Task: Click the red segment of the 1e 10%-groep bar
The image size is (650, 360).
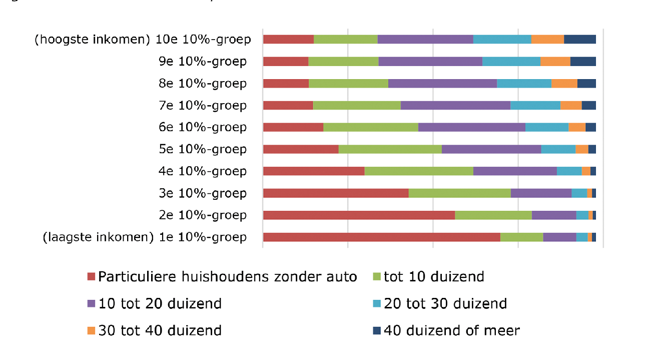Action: click(x=381, y=237)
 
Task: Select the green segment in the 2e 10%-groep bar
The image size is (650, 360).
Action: click(x=493, y=215)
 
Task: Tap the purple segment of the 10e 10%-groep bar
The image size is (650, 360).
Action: click(x=425, y=40)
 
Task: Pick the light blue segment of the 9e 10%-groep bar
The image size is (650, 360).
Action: click(x=511, y=62)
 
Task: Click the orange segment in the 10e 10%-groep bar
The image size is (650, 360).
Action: click(x=547, y=40)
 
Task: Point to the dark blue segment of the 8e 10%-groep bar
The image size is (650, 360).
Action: click(x=586, y=84)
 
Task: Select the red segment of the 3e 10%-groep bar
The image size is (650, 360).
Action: click(x=336, y=193)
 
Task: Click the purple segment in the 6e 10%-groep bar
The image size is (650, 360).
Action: click(x=471, y=127)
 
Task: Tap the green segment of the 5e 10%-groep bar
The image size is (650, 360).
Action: click(x=390, y=149)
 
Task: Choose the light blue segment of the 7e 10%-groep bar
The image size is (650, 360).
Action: click(x=535, y=105)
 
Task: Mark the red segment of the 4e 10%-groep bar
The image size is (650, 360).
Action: click(x=314, y=171)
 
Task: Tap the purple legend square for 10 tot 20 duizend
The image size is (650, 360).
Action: click(x=91, y=303)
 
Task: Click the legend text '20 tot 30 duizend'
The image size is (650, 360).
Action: click(x=445, y=303)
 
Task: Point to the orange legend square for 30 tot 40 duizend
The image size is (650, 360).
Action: click(x=91, y=330)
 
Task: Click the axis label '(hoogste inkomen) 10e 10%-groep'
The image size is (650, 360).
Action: click(x=142, y=40)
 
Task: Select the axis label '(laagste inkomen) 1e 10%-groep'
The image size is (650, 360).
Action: click(x=145, y=237)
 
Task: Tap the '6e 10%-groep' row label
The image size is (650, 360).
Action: click(x=202, y=127)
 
